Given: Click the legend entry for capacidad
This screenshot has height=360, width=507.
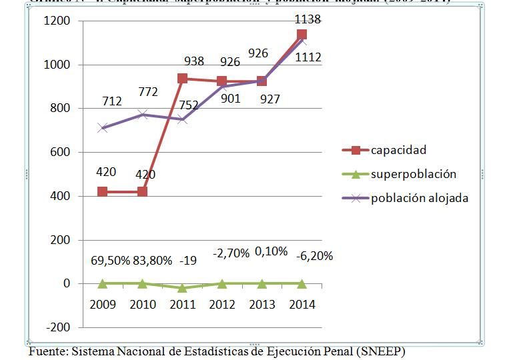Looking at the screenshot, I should click(x=398, y=150).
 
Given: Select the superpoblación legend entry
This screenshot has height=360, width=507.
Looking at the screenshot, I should click(x=413, y=174).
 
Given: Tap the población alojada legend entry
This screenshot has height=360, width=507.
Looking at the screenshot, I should click(x=420, y=198).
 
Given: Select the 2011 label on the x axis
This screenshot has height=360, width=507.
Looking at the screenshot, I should click(x=182, y=305).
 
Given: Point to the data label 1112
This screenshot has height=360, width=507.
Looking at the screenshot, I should click(x=308, y=57).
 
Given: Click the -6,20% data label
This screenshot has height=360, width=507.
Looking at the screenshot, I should click(x=313, y=255).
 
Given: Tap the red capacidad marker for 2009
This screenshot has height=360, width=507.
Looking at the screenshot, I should click(x=102, y=192).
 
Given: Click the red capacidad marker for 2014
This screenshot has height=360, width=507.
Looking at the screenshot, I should click(x=302, y=35).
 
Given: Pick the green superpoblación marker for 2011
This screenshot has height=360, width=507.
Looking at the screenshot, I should click(x=182, y=288).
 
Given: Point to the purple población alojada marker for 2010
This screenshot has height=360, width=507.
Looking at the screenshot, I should click(x=142, y=115).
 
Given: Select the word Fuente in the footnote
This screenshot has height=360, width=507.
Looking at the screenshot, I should click(x=47, y=351).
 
